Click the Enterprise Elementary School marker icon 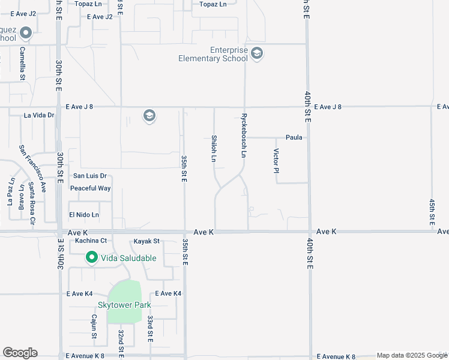pyautogui.click(x=257, y=54)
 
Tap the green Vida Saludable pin pyautogui.click(x=92, y=258)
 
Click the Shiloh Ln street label pyautogui.click(x=214, y=149)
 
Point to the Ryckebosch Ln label pyautogui.click(x=244, y=136)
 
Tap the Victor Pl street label pyautogui.click(x=276, y=161)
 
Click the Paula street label pyautogui.click(x=294, y=137)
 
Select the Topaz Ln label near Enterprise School pyautogui.click(x=213, y=4)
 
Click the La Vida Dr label pyautogui.click(x=39, y=115)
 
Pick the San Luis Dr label pyautogui.click(x=89, y=176)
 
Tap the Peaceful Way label pyautogui.click(x=91, y=188)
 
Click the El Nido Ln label pyautogui.click(x=83, y=215)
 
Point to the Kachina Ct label pyautogui.click(x=91, y=241)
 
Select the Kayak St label pyautogui.click(x=146, y=241)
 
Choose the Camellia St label pyautogui.click(x=22, y=64)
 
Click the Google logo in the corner pyautogui.click(x=20, y=353)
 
